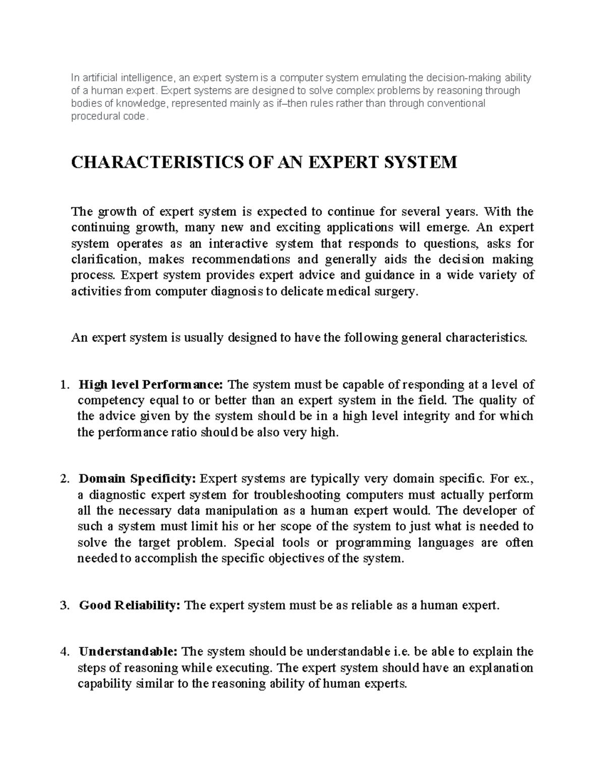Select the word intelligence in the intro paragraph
pyautogui.click(x=141, y=78)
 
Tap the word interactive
pyautogui.click(x=235, y=244)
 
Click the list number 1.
pyautogui.click(x=63, y=385)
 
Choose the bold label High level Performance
pyautogui.click(x=150, y=385)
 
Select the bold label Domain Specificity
pyautogui.click(x=139, y=478)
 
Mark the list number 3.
pyautogui.click(x=63, y=606)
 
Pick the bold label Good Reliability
pyautogui.click(x=129, y=606)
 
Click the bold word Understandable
pyautogui.click(x=128, y=652)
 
